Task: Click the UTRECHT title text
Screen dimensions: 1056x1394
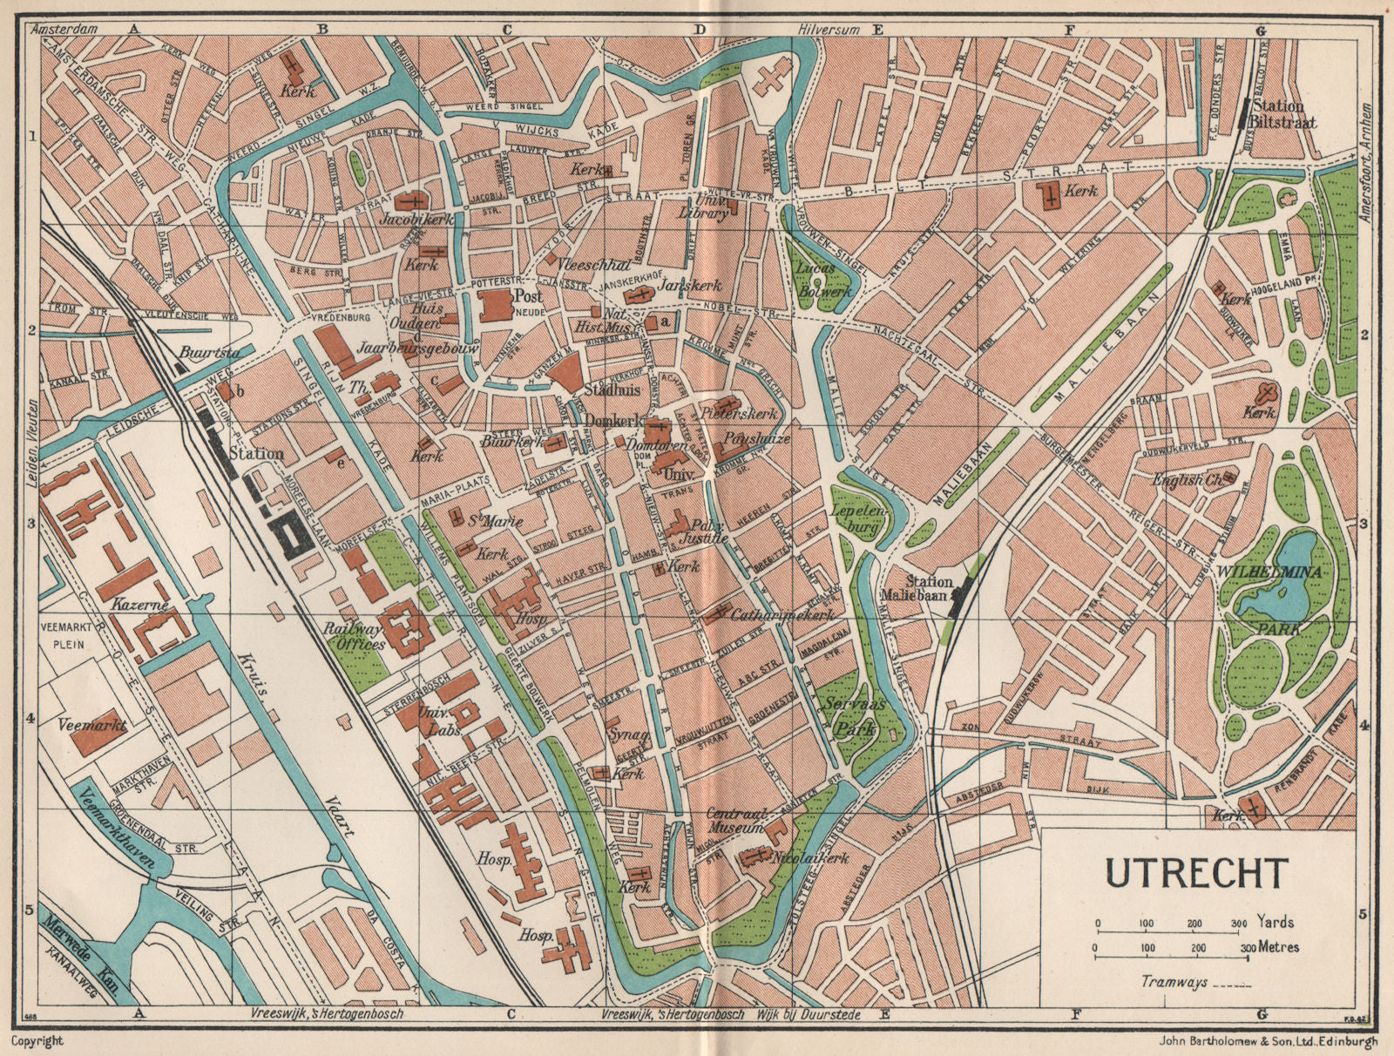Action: tap(1196, 872)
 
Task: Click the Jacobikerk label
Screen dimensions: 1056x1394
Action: tap(417, 220)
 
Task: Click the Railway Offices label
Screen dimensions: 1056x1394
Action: tap(355, 637)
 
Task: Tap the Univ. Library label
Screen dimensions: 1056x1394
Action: tap(703, 209)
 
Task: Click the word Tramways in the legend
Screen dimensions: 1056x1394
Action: tap(1174, 982)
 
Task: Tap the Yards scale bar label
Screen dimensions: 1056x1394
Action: tap(1275, 922)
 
